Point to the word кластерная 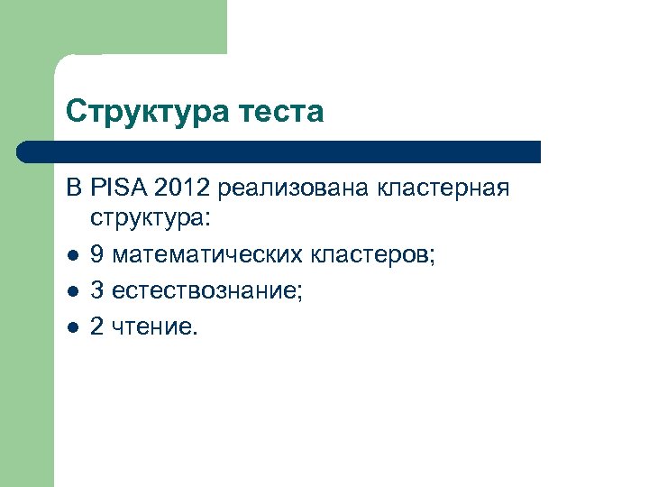pyautogui.click(x=443, y=188)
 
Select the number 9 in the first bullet pyautogui.click(x=97, y=256)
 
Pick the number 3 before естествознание pyautogui.click(x=97, y=291)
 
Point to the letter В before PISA pyautogui.click(x=73, y=188)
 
